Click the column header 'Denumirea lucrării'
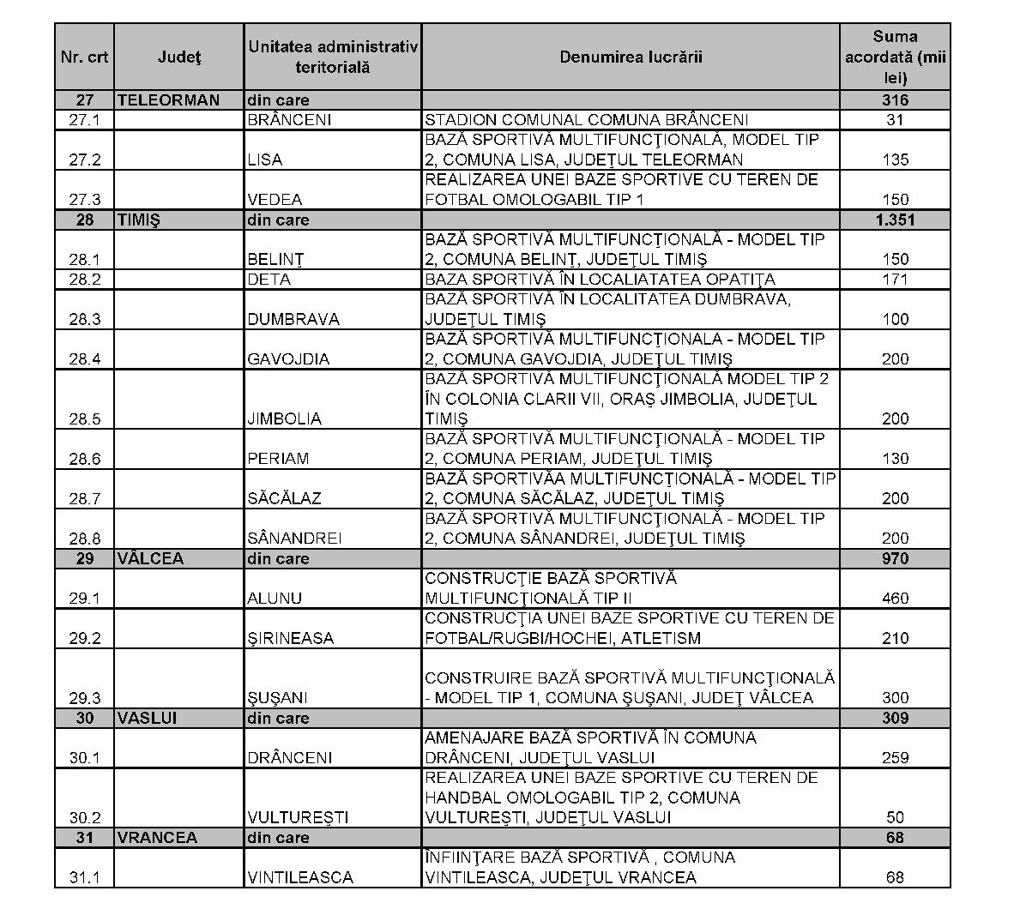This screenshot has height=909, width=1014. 631,57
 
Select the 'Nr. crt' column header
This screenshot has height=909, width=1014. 85,57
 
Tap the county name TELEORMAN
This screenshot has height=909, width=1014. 168,99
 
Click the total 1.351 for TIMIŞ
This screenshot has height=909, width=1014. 895,220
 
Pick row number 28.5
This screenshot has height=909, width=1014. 85,418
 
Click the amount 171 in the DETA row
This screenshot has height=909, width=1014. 895,280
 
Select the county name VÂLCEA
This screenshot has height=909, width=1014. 150,558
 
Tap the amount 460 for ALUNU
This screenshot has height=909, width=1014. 895,598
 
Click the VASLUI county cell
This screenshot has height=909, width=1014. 147,718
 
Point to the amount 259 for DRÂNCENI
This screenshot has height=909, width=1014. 895,757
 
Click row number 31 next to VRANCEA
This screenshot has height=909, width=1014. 85,837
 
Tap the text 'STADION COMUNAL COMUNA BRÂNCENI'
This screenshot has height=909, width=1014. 587,120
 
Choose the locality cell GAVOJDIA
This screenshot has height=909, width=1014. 287,358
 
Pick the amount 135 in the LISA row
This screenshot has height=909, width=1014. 895,160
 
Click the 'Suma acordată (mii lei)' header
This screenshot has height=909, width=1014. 895,57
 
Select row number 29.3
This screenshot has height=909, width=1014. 85,697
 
